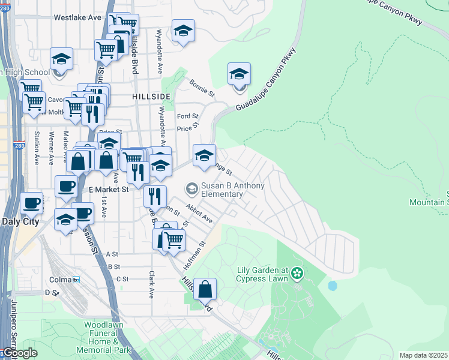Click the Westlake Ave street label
(77, 17)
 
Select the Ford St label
(187, 116)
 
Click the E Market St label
(109, 189)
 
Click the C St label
(122, 279)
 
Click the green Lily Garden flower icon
(297, 274)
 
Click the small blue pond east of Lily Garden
(332, 286)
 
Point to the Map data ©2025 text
(423, 355)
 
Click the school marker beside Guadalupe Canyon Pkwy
(239, 75)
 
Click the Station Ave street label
(37, 148)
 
